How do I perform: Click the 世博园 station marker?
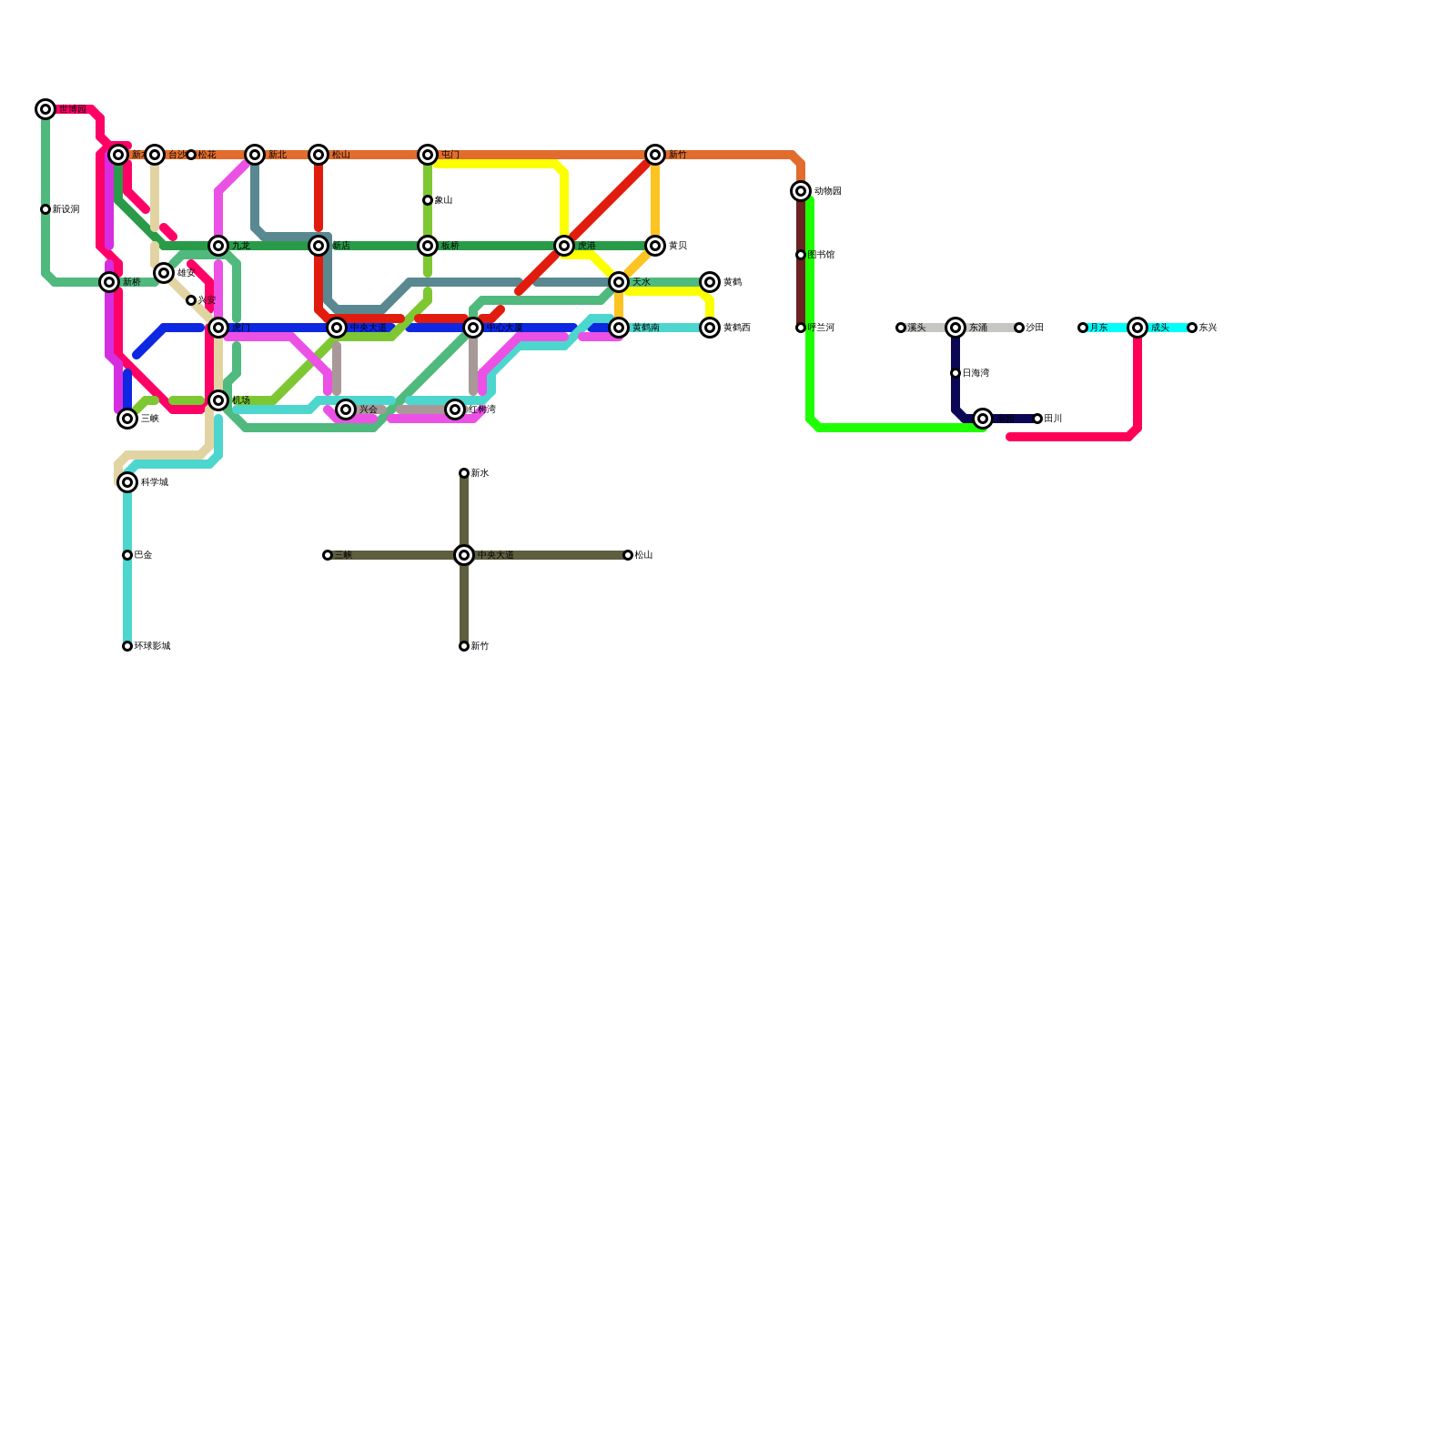(45, 109)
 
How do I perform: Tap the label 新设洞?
(66, 209)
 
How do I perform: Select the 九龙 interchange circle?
(218, 246)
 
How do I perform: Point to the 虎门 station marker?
(218, 328)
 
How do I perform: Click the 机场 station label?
(241, 400)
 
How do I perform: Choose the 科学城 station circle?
(127, 482)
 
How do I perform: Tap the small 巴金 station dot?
(127, 555)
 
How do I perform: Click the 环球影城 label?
(152, 646)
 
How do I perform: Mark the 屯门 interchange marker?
(428, 155)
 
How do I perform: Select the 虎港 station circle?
(564, 246)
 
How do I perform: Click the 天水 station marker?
(619, 282)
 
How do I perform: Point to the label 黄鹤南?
(646, 328)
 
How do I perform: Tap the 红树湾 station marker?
(455, 409)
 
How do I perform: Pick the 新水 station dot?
(464, 473)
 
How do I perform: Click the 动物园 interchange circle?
(801, 191)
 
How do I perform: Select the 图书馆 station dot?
(801, 255)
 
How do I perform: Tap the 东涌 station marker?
(955, 328)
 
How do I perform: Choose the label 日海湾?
(976, 373)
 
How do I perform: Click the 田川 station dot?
(1037, 419)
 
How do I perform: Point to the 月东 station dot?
(1083, 328)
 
